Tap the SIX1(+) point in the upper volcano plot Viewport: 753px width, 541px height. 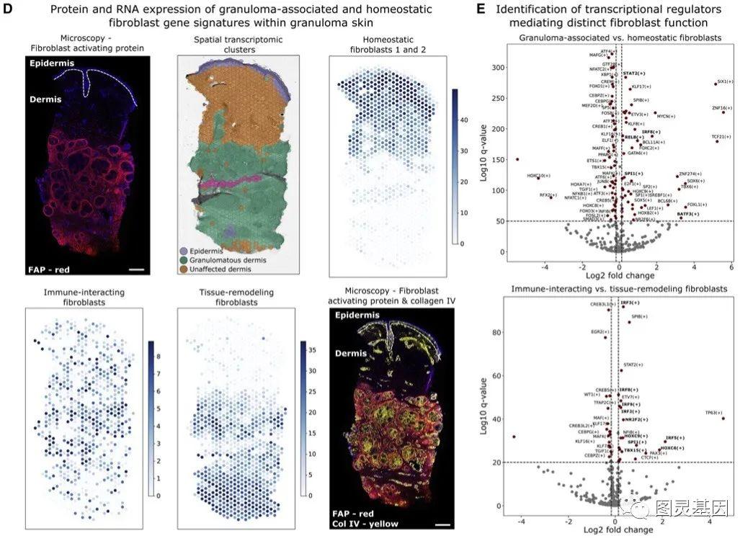click(716, 84)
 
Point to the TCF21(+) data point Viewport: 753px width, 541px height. click(717, 141)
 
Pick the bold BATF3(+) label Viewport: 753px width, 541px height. click(687, 214)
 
